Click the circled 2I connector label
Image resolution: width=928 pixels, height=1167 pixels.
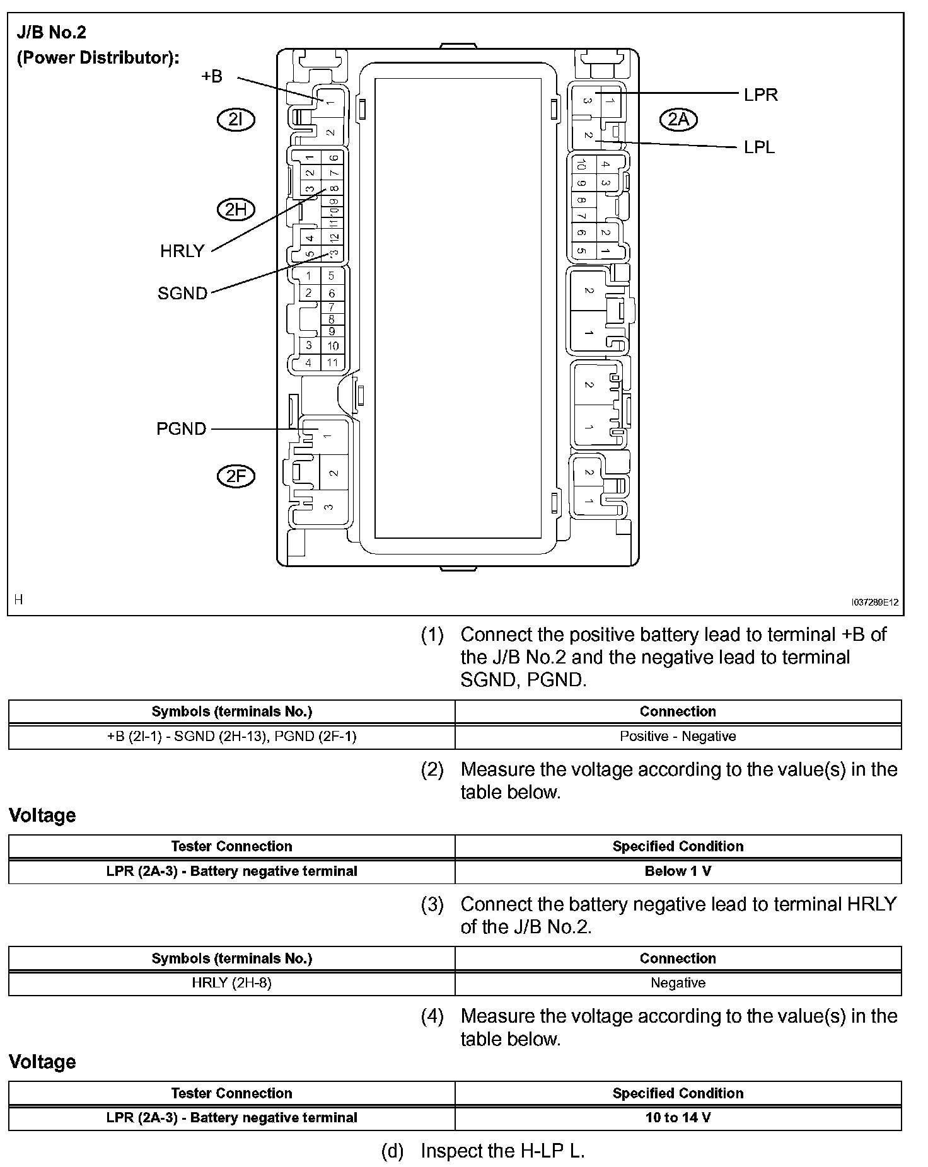[236, 120]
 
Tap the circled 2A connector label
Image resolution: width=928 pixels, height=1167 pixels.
[678, 120]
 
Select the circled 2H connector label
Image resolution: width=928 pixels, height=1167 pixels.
[236, 209]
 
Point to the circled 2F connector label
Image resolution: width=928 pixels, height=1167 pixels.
[236, 476]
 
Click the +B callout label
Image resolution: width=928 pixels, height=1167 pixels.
[212, 76]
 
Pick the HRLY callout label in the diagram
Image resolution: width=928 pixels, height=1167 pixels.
[182, 251]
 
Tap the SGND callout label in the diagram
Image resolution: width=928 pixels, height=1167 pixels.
[182, 294]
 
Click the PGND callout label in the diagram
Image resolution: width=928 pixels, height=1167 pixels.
[181, 429]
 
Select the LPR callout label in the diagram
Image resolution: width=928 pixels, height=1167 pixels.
[761, 95]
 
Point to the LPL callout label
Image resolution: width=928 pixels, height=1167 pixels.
[760, 147]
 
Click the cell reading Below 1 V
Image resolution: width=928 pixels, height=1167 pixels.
[678, 871]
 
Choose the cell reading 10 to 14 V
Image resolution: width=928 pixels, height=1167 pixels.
[678, 1118]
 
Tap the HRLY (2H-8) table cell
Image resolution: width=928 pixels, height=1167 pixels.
[231, 983]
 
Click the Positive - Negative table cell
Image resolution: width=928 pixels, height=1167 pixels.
[678, 737]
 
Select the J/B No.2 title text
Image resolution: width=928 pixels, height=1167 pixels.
[51, 33]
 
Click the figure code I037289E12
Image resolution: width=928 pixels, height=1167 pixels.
[874, 602]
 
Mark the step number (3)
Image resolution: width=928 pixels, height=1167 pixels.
[432, 904]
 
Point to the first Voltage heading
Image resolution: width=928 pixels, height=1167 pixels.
[42, 815]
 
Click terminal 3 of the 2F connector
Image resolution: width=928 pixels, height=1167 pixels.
[328, 506]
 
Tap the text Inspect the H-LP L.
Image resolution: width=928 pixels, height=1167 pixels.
[502, 1151]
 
